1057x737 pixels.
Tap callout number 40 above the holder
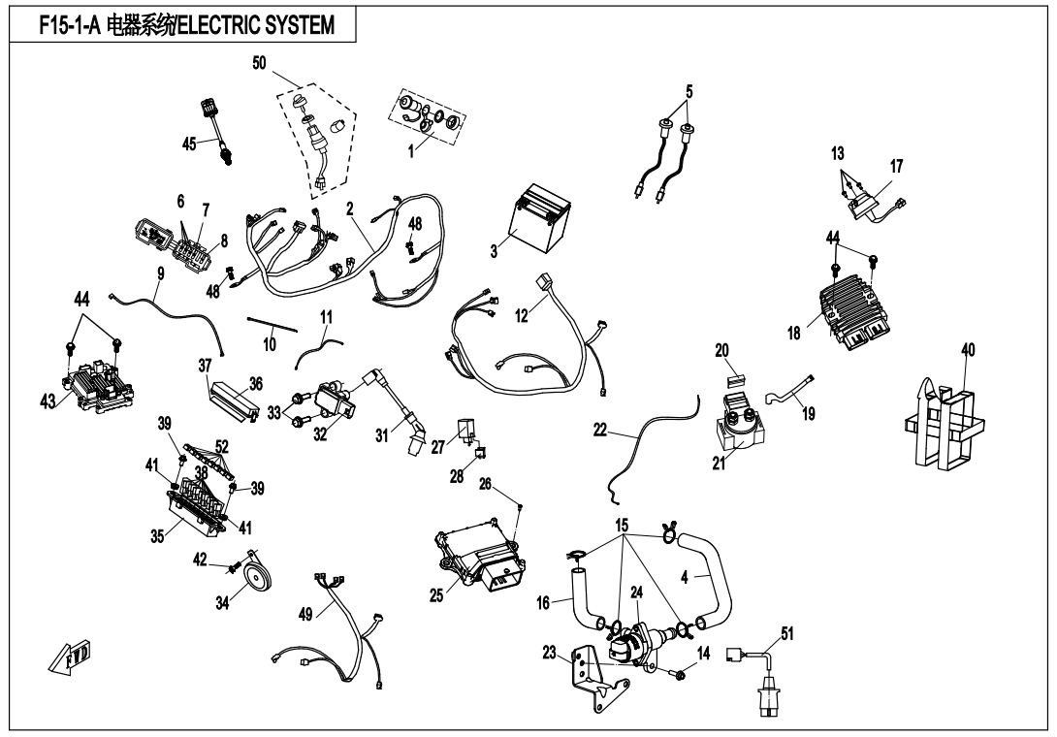pos(969,349)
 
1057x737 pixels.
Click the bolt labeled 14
pos(678,673)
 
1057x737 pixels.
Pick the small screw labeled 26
pos(520,507)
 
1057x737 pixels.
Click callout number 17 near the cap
pos(897,167)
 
